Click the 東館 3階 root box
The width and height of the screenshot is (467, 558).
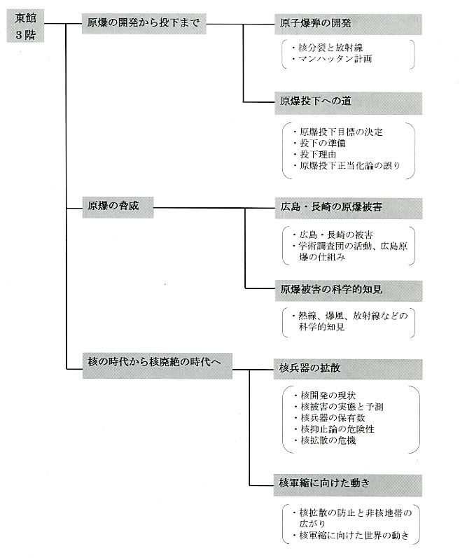point(26,26)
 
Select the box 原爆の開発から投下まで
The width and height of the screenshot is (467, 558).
point(144,24)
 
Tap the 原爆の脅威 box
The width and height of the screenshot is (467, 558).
point(118,207)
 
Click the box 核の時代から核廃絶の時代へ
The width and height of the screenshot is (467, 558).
point(158,366)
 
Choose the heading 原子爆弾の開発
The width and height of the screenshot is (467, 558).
point(348,25)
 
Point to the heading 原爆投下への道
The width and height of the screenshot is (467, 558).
point(348,103)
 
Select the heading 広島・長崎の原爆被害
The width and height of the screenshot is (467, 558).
point(349,209)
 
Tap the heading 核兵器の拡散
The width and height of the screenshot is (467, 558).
point(348,370)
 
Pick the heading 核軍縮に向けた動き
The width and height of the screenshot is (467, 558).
point(348,485)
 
